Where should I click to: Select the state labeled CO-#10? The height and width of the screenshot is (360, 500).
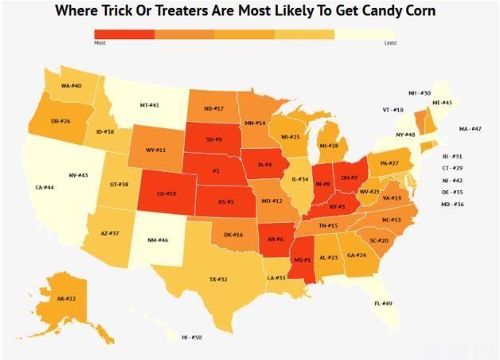[x=166, y=194]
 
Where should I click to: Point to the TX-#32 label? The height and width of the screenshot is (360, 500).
[x=218, y=280]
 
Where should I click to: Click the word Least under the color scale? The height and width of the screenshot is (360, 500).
[x=390, y=42]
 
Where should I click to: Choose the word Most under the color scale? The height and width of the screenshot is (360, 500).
[x=100, y=42]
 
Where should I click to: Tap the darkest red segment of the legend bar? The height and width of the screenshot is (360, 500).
[x=124, y=33]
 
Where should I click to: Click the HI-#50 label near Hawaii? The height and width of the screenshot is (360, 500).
[x=192, y=338]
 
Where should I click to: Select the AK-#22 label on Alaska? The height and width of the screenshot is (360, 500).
[x=66, y=299]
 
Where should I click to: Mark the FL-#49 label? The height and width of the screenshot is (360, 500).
[x=383, y=303]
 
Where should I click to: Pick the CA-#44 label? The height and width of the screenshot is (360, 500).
[x=45, y=187]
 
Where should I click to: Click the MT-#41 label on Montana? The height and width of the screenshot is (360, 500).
[x=150, y=105]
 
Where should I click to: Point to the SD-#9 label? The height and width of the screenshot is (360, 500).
[x=213, y=139]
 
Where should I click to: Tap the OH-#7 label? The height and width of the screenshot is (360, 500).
[x=349, y=177]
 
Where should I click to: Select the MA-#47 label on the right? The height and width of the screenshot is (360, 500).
[x=470, y=129]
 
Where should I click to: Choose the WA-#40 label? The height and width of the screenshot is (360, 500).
[x=72, y=85]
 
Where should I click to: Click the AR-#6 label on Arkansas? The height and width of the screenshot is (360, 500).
[x=275, y=239]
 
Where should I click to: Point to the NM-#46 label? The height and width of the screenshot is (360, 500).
[x=158, y=240]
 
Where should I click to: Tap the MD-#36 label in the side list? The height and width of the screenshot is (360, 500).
[x=452, y=205]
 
